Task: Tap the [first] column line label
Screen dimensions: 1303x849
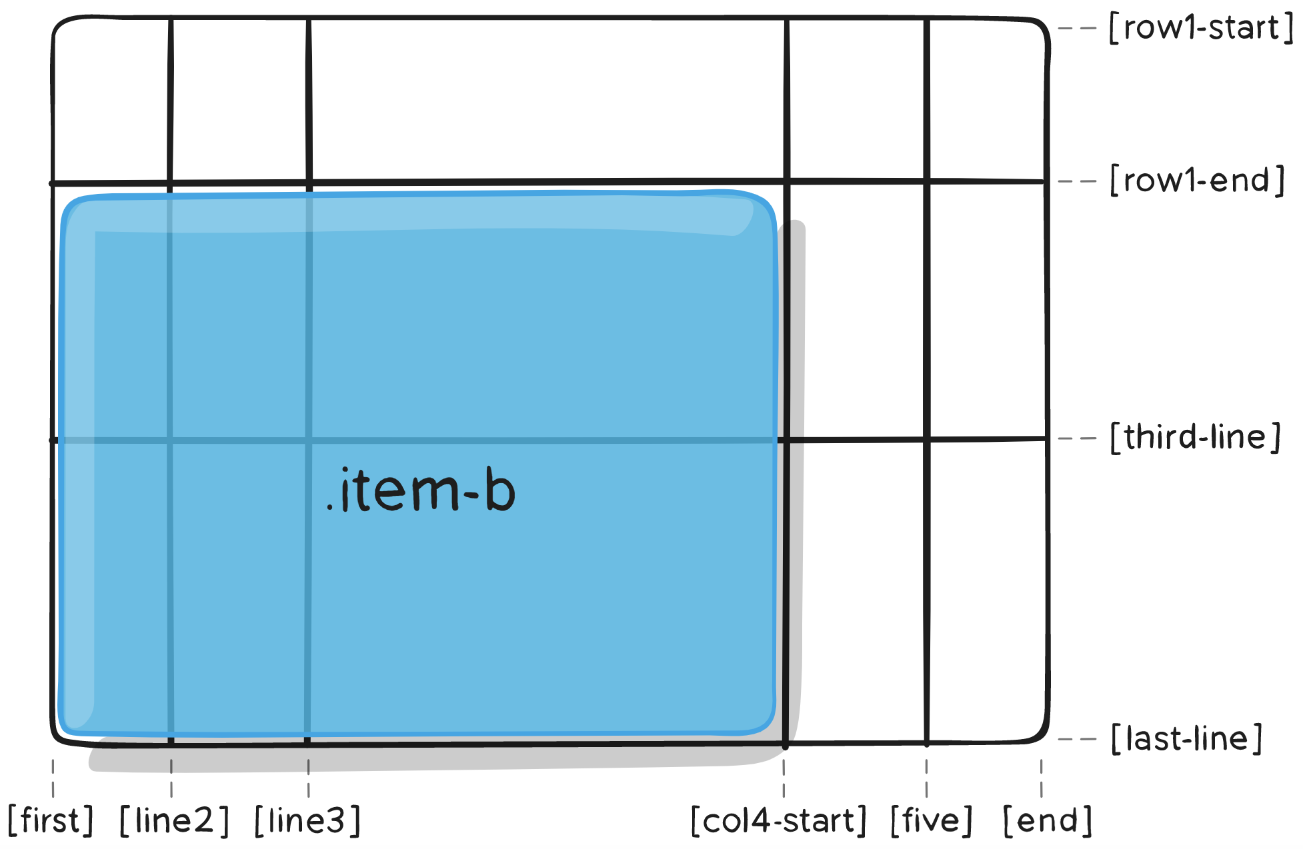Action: pos(51,821)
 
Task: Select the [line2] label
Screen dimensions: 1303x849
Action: pos(174,821)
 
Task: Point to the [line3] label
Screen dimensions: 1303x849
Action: pos(307,821)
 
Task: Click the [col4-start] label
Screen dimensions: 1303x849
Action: pos(779,821)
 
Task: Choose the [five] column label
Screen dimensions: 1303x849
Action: pos(932,821)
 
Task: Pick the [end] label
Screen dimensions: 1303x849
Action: pos(1048,821)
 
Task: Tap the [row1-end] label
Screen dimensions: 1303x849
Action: pos(1197,181)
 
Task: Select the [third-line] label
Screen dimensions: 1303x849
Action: pos(1196,438)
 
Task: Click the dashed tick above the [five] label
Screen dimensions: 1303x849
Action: pos(926,778)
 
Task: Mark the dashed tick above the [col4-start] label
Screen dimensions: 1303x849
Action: pos(784,778)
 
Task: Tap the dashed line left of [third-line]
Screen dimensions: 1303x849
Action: pos(1078,438)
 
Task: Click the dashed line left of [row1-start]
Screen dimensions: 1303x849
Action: pos(1078,29)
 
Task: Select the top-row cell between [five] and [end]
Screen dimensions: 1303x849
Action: pos(986,100)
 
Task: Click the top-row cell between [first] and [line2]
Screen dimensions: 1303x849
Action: pos(111,100)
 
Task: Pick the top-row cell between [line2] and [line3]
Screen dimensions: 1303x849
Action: pos(239,100)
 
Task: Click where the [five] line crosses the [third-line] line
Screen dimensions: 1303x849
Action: pos(927,439)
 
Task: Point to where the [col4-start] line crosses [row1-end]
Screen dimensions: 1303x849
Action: pos(787,181)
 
